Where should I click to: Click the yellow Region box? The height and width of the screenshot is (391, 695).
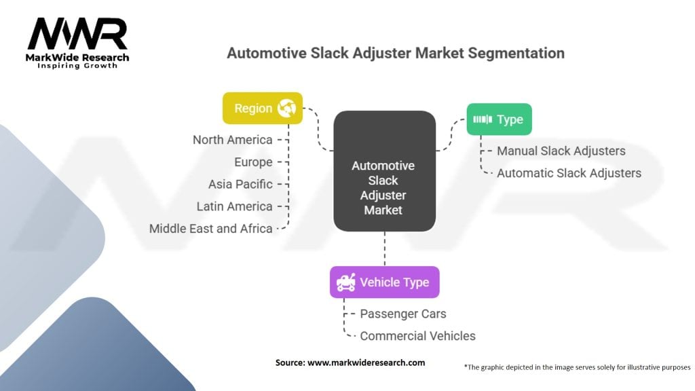click(x=263, y=108)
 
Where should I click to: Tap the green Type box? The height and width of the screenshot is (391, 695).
click(x=499, y=119)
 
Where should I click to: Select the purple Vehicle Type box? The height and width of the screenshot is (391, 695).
click(x=385, y=282)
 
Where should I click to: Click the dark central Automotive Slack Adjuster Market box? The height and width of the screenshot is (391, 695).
click(x=384, y=171)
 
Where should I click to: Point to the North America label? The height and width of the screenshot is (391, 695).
click(x=233, y=140)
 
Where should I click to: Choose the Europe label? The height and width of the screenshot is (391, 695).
click(x=254, y=162)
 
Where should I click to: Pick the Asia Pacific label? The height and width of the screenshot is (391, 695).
click(x=241, y=184)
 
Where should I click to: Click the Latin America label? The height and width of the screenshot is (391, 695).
click(x=234, y=206)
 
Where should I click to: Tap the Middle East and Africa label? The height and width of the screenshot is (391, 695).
click(x=210, y=228)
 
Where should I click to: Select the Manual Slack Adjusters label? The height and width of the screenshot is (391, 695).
click(x=561, y=151)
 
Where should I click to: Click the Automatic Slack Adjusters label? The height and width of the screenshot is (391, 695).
click(x=569, y=173)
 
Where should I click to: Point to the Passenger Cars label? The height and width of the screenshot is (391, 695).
click(x=403, y=314)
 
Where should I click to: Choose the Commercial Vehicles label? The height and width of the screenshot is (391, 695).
click(x=417, y=336)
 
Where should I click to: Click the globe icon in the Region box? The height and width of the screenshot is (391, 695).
click(x=286, y=108)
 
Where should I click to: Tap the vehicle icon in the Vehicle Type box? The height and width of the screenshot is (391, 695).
click(x=345, y=282)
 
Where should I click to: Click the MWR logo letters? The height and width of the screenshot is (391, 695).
click(x=77, y=34)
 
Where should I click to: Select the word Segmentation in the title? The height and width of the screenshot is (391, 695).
click(x=516, y=53)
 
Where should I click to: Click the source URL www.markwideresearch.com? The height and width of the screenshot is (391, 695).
click(x=366, y=362)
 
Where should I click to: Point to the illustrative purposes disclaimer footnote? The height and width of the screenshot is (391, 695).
click(x=577, y=367)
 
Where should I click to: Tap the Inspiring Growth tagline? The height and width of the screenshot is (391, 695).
click(x=77, y=66)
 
